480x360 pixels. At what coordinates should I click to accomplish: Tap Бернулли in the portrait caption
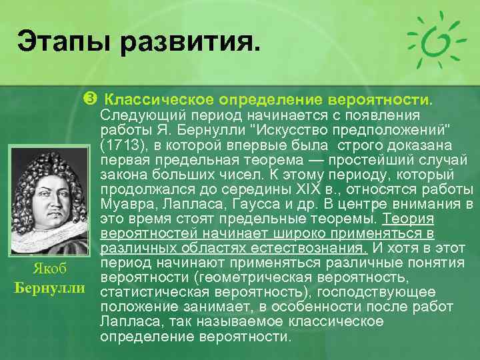[x=49, y=289]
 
